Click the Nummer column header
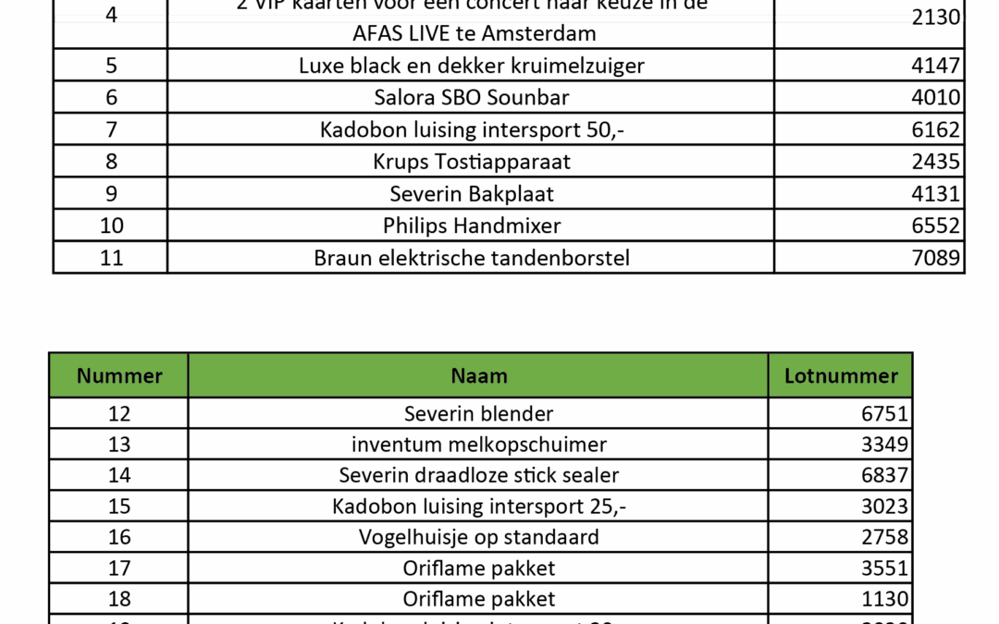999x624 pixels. point(118,376)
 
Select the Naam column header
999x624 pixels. point(478,376)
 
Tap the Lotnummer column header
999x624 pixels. point(840,376)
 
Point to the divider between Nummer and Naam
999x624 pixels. point(188,374)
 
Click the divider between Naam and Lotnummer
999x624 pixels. point(768,374)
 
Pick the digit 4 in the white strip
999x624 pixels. point(111,18)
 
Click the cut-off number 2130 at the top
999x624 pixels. point(936,18)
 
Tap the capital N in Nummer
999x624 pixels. point(84,376)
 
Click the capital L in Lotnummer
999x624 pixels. point(790,376)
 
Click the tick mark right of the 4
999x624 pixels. point(166,18)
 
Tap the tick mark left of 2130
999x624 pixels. point(774,18)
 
